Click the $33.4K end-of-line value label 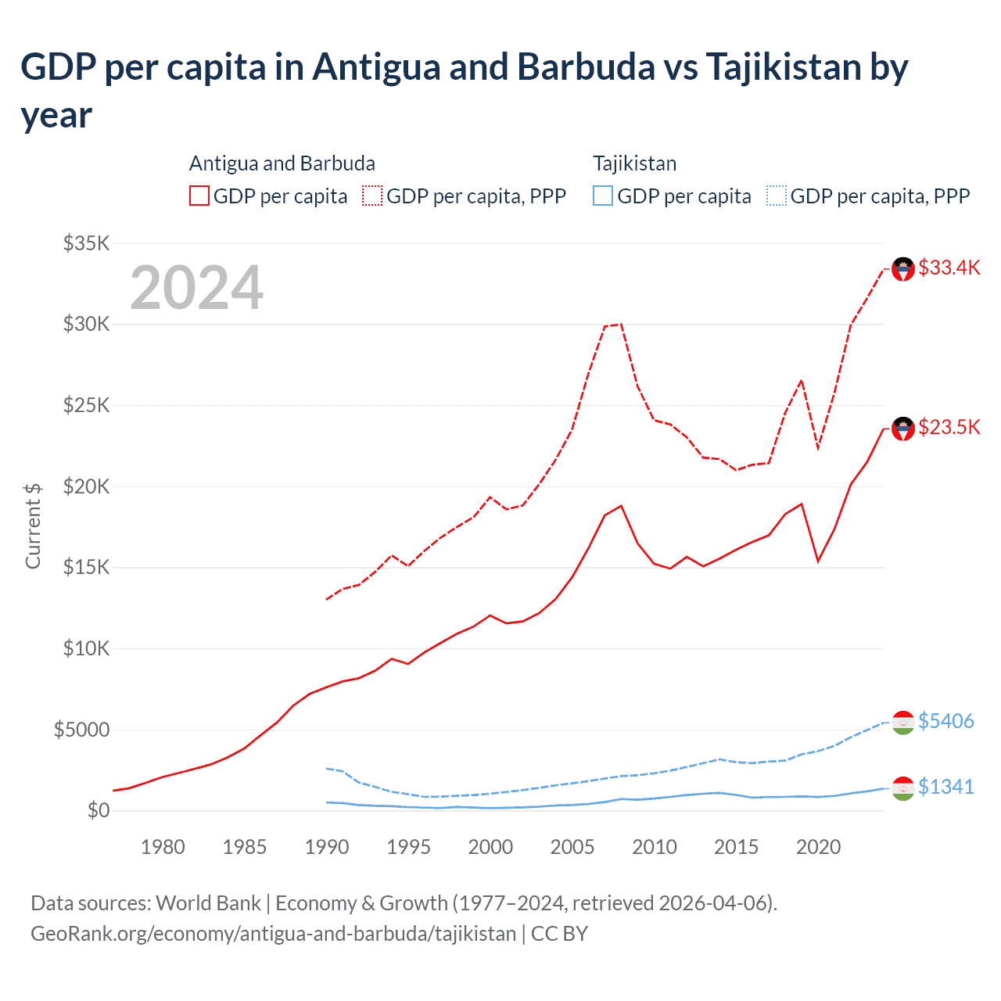click(949, 267)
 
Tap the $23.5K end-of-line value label click(949, 427)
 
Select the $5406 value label click(945, 721)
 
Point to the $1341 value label click(945, 787)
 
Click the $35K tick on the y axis click(86, 243)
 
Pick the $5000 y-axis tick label click(81, 730)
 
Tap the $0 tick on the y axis click(99, 811)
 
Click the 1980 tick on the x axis click(163, 847)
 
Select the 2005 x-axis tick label click(572, 847)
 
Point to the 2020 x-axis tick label click(818, 847)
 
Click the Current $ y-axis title click(33, 526)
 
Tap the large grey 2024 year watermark click(196, 288)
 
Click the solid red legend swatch click(199, 196)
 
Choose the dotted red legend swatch click(372, 196)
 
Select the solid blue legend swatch click(602, 196)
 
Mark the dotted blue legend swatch click(776, 196)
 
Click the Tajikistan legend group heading click(634, 163)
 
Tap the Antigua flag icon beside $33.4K click(903, 269)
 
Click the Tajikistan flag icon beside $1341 click(903, 788)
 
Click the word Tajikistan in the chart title click(783, 67)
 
